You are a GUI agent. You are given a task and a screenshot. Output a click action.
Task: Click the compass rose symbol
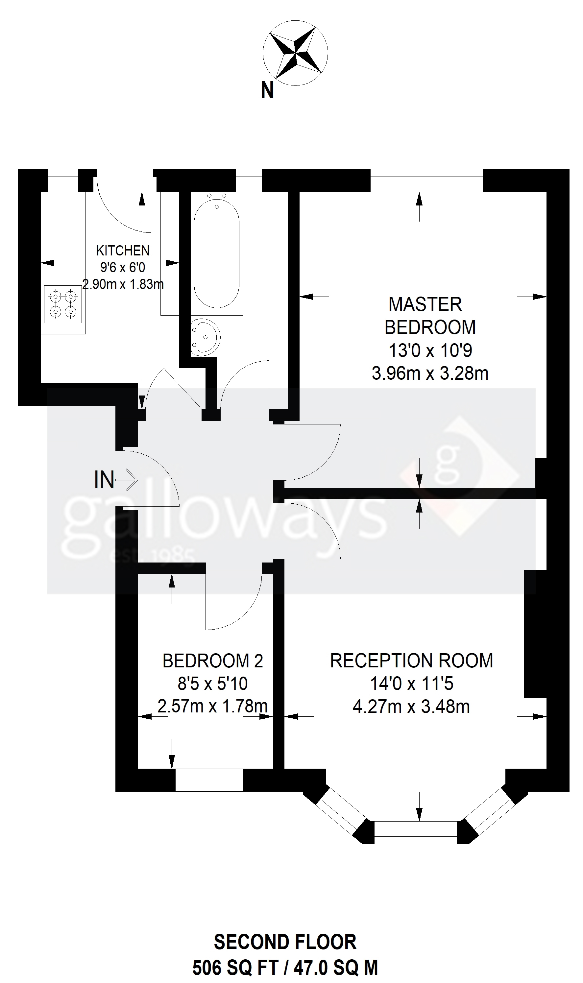click(x=295, y=53)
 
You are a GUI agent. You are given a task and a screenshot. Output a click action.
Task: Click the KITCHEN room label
click(x=123, y=250)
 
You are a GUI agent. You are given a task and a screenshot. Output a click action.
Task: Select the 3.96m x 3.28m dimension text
click(x=430, y=373)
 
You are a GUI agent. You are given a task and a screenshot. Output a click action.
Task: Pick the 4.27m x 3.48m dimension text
click(x=411, y=707)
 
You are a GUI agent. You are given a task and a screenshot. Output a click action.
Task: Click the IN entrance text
click(x=104, y=480)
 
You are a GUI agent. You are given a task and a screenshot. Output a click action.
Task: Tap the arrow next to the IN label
click(x=128, y=480)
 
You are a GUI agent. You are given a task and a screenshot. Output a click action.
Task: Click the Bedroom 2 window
click(x=209, y=779)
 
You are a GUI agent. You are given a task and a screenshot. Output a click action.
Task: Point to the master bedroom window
click(x=426, y=180)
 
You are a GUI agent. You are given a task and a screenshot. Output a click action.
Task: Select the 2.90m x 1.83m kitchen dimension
click(x=123, y=283)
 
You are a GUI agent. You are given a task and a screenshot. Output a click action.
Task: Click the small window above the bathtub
click(x=248, y=180)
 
